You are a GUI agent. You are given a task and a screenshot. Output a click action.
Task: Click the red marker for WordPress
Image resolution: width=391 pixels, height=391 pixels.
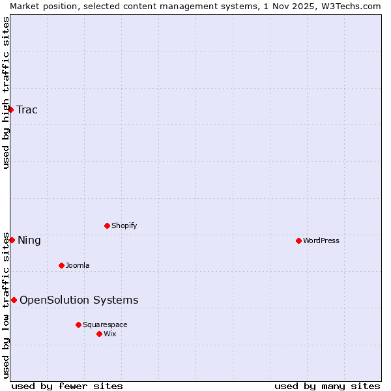(298, 240)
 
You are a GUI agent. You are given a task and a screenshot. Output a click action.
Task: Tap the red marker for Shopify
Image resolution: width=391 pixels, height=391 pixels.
(107, 225)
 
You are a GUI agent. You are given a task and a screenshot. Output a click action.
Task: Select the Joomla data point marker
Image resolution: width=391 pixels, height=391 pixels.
(61, 265)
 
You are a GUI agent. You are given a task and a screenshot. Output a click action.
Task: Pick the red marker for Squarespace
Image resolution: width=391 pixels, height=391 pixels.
(78, 325)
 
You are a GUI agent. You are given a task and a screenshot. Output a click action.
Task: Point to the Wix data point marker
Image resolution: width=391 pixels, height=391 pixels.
(99, 334)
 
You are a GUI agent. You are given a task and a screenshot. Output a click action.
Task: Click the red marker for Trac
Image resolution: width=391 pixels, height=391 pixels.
(10, 109)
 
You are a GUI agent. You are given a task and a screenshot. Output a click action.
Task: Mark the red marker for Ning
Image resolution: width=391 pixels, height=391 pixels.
(12, 240)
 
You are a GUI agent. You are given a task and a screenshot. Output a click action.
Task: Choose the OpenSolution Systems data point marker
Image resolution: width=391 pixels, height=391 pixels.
(14, 300)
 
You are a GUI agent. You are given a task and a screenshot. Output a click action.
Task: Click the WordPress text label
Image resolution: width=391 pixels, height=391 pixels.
(321, 240)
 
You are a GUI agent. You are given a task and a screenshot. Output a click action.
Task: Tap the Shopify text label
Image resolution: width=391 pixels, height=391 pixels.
(124, 225)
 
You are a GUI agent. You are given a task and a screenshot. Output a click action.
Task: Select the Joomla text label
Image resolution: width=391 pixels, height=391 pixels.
(78, 265)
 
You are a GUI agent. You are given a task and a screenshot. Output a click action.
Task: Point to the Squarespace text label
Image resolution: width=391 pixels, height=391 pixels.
(105, 325)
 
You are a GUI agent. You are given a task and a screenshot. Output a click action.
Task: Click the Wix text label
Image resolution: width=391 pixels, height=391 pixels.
(110, 334)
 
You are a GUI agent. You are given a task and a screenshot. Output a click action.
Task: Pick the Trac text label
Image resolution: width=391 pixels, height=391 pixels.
(27, 109)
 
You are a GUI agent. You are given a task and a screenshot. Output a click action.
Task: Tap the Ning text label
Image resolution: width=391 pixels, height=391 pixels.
(29, 240)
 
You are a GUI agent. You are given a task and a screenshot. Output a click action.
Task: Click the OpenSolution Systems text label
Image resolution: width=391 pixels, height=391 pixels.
(79, 300)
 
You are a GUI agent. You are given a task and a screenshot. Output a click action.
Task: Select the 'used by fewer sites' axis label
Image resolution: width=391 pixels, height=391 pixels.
(67, 386)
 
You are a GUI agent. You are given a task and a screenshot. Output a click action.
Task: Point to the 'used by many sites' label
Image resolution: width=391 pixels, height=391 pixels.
(327, 386)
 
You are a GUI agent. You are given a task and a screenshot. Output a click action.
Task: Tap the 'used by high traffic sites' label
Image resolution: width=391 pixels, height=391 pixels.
(6, 93)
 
